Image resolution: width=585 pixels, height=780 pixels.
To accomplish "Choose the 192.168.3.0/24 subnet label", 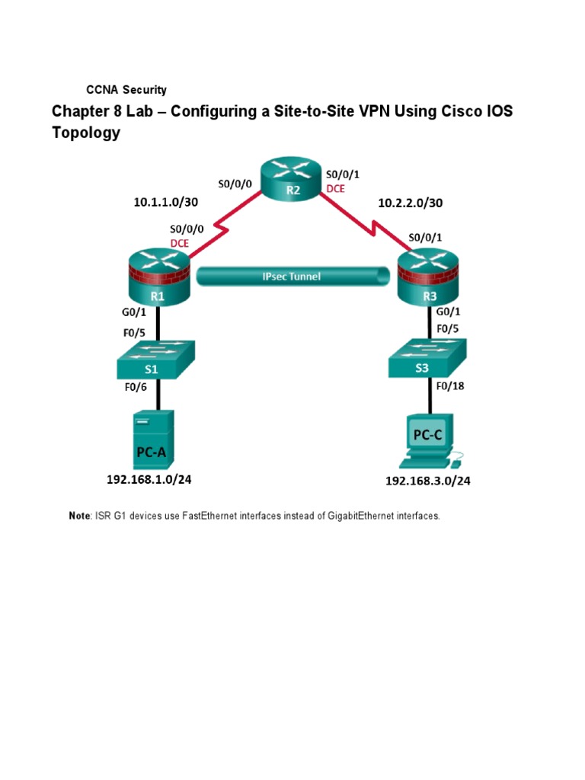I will [x=427, y=481].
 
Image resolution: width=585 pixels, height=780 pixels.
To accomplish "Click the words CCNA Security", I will [x=126, y=90].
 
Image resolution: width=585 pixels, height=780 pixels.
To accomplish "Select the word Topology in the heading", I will [x=86, y=133].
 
